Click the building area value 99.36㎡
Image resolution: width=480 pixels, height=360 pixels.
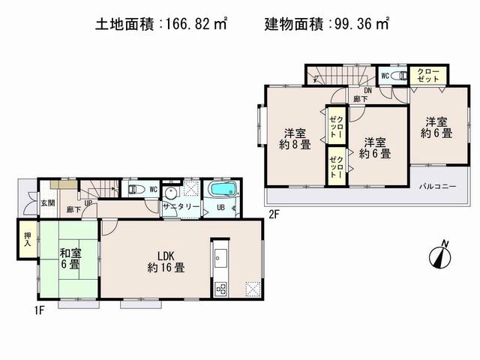pos(358,24)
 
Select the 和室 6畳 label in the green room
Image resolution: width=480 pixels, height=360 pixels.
pos(67,259)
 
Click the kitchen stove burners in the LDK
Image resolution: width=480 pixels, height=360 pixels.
pos(221,289)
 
